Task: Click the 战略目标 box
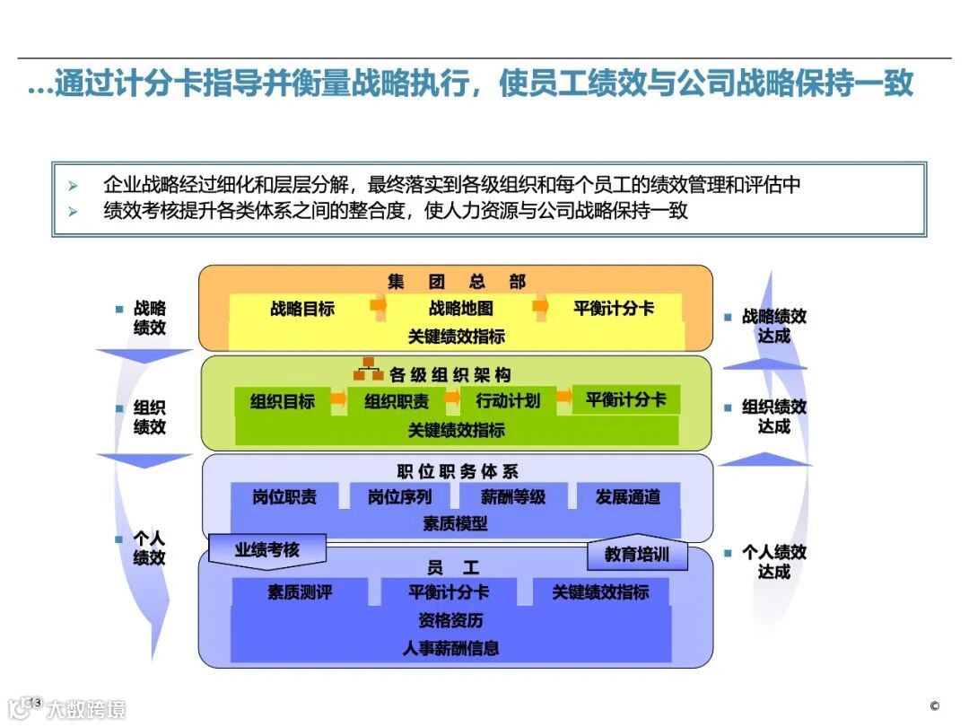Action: coord(302,309)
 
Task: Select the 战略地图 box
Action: coord(460,309)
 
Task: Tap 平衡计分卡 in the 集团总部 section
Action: coord(614,309)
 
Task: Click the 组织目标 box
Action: coord(282,401)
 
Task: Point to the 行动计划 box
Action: coord(508,401)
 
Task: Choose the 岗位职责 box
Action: coord(284,496)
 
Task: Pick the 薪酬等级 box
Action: coord(513,496)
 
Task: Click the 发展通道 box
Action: coord(627,496)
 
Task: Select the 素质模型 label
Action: coord(455,523)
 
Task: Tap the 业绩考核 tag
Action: coord(266,549)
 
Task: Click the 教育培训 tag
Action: coord(636,555)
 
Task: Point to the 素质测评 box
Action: coord(300,592)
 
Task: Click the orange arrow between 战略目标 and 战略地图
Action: coord(379,306)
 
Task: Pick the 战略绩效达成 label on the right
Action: coord(773,326)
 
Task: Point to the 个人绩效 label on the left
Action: coord(149,548)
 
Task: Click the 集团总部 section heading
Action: coord(456,282)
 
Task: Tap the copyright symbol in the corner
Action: coord(934,705)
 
